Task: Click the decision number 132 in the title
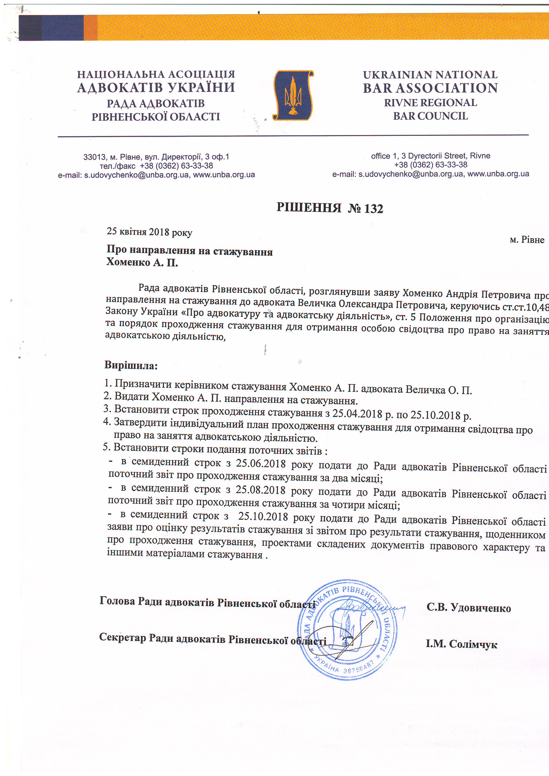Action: coord(374,209)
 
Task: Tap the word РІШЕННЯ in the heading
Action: coord(309,207)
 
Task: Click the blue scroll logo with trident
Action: coord(293,95)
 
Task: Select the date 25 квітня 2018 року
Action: coord(149,232)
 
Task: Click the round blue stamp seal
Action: coord(347,629)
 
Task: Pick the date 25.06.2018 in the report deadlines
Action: coord(261,463)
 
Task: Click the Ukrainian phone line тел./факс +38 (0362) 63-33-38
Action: coord(156,166)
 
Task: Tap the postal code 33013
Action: coord(92,157)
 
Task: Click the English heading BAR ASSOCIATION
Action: coord(430,88)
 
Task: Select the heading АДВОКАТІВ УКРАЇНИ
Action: coord(156,88)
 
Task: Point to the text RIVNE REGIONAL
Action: coord(430,103)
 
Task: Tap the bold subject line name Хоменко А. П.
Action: coord(142,263)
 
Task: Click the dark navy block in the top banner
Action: coord(51,28)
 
